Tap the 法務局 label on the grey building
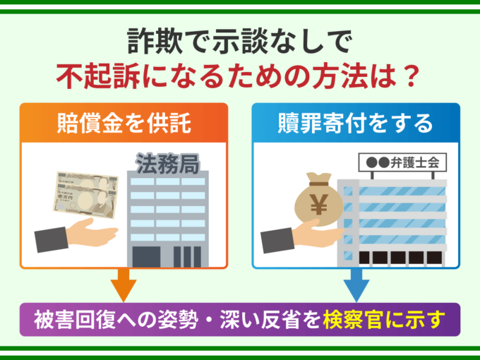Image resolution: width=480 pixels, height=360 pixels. [x=162, y=166]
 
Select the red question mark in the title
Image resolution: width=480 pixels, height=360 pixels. [x=400, y=73]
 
